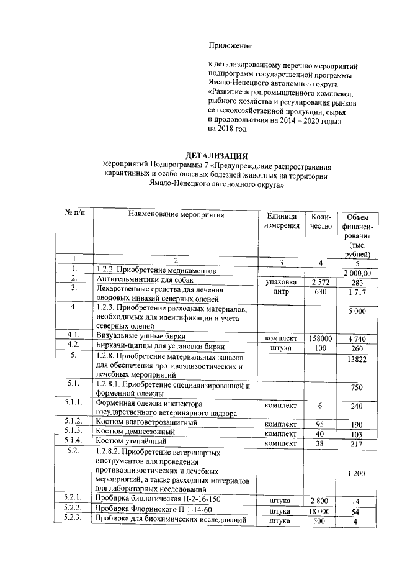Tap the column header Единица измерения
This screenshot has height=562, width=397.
(281, 220)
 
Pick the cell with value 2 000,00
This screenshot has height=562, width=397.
(357, 273)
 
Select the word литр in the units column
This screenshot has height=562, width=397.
(281, 291)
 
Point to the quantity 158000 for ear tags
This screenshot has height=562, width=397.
(321, 338)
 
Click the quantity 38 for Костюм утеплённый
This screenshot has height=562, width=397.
(320, 443)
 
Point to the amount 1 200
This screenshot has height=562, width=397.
(357, 474)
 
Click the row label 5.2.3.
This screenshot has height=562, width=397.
(74, 520)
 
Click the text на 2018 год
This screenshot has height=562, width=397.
(227, 129)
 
